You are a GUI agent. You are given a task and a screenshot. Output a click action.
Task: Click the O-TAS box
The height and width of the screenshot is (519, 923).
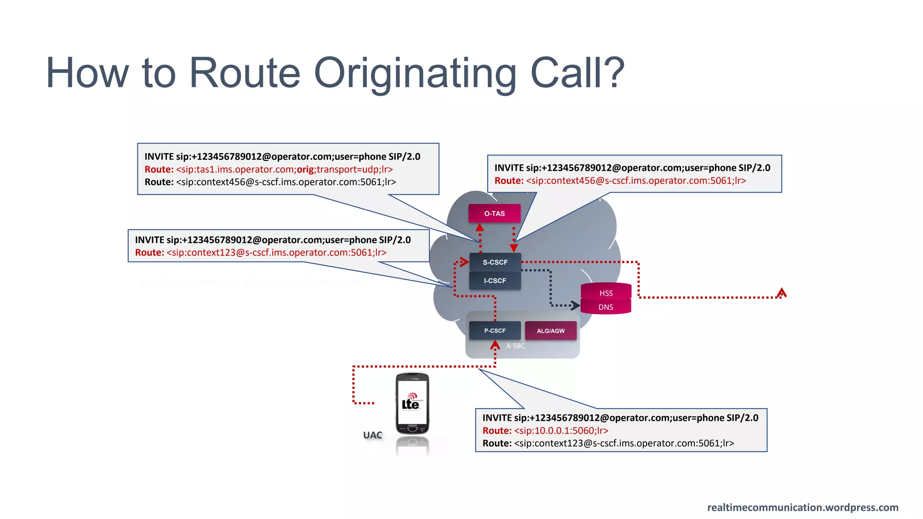(494, 214)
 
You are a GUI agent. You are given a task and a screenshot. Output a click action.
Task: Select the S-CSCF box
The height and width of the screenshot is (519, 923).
(495, 262)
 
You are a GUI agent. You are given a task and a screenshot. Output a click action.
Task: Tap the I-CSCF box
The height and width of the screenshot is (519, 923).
(495, 281)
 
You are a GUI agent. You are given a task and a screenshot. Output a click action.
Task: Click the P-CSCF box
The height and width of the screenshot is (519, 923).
(495, 331)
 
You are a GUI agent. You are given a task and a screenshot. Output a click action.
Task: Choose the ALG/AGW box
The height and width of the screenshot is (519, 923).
(550, 331)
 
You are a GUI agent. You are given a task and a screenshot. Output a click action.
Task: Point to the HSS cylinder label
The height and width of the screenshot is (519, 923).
(606, 293)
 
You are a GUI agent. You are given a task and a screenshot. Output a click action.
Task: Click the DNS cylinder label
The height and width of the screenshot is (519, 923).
(606, 307)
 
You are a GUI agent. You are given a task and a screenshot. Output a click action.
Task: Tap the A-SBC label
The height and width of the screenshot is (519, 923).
(515, 346)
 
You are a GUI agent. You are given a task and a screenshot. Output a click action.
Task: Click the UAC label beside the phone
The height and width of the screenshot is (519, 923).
(372, 435)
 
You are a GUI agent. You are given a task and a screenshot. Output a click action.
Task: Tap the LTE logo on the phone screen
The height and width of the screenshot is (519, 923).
(411, 402)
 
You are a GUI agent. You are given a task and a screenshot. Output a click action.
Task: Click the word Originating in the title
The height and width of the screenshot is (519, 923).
(415, 73)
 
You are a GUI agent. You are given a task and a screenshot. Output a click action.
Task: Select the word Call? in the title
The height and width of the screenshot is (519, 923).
(577, 73)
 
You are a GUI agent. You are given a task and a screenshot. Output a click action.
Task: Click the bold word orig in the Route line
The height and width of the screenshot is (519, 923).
(306, 169)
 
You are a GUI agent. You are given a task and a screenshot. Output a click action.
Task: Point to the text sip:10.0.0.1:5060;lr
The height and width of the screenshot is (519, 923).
(561, 431)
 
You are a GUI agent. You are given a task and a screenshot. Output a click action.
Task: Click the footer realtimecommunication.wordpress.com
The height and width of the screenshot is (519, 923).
(803, 508)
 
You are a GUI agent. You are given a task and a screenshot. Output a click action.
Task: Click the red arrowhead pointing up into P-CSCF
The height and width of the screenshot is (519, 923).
(495, 345)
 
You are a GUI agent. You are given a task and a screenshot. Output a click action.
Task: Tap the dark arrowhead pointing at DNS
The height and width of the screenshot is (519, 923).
(576, 305)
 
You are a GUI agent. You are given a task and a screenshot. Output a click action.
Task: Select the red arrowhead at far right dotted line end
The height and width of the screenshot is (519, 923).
(781, 293)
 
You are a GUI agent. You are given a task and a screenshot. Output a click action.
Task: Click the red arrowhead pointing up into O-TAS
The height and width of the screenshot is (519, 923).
(480, 227)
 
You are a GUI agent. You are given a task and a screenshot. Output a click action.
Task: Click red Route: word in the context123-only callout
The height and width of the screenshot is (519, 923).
(149, 253)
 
